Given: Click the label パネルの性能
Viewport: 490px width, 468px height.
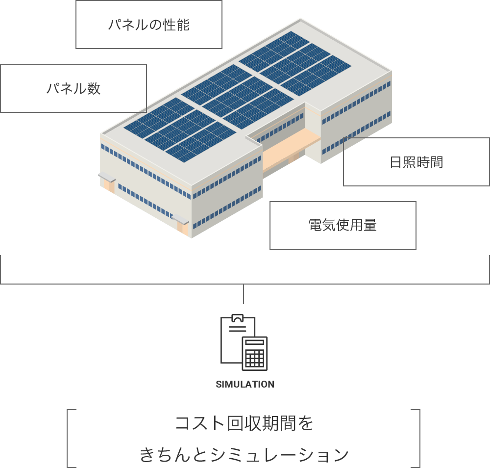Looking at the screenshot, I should click(x=148, y=25).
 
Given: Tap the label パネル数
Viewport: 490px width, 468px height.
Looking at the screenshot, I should click(x=73, y=89).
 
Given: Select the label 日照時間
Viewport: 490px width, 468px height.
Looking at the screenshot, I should click(x=417, y=162).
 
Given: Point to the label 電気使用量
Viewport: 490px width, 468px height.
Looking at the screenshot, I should click(x=343, y=225).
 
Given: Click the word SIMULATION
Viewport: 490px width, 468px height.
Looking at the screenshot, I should click(x=245, y=384).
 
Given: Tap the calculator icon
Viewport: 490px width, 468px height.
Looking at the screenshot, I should click(x=255, y=353).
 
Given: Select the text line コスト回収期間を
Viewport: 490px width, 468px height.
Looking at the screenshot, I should click(x=244, y=423).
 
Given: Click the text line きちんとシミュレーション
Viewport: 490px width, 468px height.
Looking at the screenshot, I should click(x=244, y=455).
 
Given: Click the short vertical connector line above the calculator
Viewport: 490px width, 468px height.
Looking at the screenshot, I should click(x=244, y=294).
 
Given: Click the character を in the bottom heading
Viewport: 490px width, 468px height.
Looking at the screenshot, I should click(x=307, y=423).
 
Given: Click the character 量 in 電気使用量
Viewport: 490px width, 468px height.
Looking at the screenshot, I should click(x=370, y=225).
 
